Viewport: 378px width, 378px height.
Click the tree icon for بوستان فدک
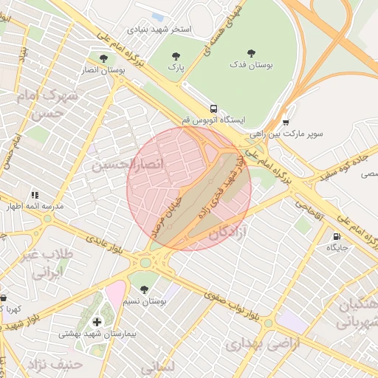click(251, 53)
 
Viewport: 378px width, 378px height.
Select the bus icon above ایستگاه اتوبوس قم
click(213, 108)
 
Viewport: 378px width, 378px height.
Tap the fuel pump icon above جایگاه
click(337, 237)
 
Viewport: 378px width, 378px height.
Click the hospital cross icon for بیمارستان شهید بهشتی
click(97, 322)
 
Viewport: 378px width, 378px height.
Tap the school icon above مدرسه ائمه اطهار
click(34, 195)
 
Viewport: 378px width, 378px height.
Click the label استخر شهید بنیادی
click(159, 30)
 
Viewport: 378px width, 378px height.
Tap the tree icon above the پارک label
click(176, 56)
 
